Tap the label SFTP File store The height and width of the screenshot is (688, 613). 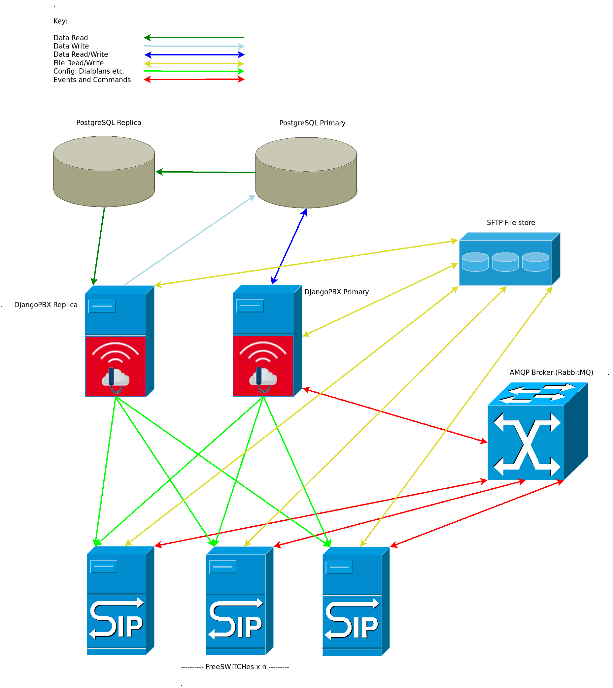pyautogui.click(x=511, y=222)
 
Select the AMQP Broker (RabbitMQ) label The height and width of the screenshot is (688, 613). pyautogui.click(x=551, y=372)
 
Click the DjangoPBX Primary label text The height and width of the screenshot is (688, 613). pyautogui.click(x=336, y=292)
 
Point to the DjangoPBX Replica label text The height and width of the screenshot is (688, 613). pyautogui.click(x=46, y=305)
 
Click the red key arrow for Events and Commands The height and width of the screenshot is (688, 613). pyautogui.click(x=194, y=80)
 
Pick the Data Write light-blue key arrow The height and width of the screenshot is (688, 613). pyautogui.click(x=194, y=46)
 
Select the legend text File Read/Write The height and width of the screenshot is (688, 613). pyautogui.click(x=79, y=63)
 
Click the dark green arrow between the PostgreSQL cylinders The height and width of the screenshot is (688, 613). pyautogui.click(x=205, y=172)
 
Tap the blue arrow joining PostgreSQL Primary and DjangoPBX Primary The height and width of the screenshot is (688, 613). pyautogui.click(x=289, y=246)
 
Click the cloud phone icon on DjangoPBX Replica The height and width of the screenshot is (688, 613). pyautogui.click(x=116, y=380)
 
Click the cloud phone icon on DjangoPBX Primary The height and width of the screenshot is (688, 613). pyautogui.click(x=263, y=379)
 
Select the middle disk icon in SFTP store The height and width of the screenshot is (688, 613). pyautogui.click(x=505, y=262)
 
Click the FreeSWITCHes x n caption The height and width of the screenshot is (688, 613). pyautogui.click(x=235, y=667)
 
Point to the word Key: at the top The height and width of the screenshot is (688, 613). pyautogui.click(x=60, y=21)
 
